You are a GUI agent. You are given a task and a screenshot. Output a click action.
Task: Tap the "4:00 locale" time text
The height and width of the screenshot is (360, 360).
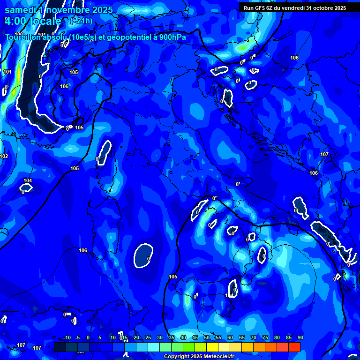pos(33,21)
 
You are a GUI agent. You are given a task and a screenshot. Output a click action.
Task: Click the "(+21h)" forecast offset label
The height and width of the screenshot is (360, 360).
pos(81,21)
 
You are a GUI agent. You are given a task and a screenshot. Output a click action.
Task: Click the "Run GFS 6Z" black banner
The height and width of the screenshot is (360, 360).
pos(294,7)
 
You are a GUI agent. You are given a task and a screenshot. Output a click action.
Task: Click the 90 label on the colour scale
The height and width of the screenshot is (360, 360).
pos(300,337)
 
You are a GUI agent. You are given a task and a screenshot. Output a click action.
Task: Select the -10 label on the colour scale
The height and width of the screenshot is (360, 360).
pos(66,337)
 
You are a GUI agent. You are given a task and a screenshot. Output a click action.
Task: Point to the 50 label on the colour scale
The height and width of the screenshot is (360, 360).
pos(207,337)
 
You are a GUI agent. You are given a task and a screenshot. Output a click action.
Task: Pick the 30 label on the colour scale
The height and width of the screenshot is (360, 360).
pos(160,337)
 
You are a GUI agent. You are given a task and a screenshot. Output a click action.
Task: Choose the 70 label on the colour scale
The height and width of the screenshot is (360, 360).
pos(254,337)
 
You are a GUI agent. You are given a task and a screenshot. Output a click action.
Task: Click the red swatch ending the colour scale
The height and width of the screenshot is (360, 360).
pos(294,347)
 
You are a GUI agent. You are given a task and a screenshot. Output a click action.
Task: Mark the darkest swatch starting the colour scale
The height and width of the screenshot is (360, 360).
pos(60,347)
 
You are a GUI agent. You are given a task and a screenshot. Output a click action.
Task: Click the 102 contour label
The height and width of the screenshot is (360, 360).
pos(4,156)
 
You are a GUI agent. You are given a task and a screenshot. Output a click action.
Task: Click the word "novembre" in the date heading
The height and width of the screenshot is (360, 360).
pos(68,10)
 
